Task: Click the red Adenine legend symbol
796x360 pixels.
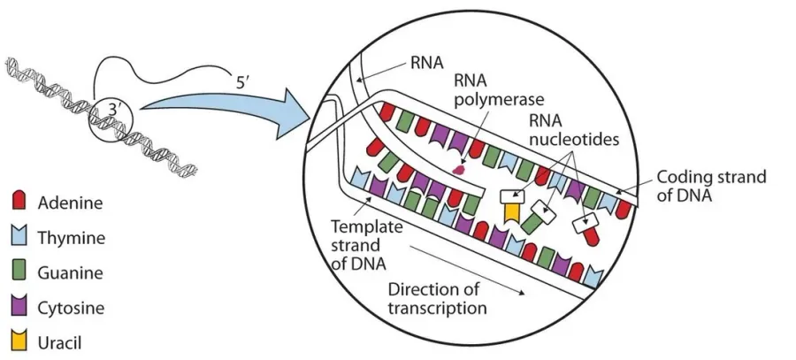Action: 19,202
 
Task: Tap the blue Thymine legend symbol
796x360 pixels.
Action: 19,237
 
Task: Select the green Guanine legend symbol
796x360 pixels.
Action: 19,272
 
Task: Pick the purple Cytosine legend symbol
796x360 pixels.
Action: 19,307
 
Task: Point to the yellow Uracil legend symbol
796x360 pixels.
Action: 19,341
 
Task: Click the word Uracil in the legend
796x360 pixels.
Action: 59,342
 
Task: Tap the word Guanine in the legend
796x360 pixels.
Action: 71,272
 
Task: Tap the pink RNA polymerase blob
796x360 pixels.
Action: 460,169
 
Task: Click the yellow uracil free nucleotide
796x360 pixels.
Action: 512,211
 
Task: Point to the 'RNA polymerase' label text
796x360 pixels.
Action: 499,89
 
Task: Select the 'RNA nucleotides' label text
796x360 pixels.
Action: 574,129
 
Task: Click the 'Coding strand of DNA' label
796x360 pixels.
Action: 711,186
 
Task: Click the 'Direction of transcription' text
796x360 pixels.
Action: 437,299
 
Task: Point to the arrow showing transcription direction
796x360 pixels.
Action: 467,271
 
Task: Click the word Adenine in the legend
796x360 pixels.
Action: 71,203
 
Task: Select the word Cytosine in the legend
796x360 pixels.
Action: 71,308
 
